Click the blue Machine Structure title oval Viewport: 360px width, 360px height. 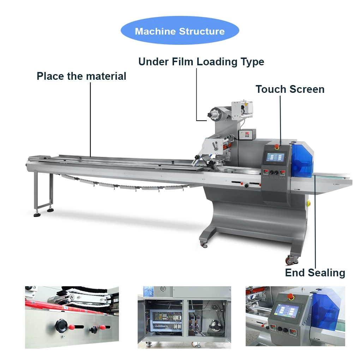coord(180,31)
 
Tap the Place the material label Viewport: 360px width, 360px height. coord(82,76)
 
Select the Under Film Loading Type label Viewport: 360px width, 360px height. coord(201,62)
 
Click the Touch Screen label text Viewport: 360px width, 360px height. coord(290,89)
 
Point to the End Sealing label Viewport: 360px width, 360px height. coord(315,273)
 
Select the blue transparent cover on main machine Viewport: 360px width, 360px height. coord(302,160)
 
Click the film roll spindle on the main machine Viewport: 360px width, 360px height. coord(214,114)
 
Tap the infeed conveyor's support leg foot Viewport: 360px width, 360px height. coord(37,214)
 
